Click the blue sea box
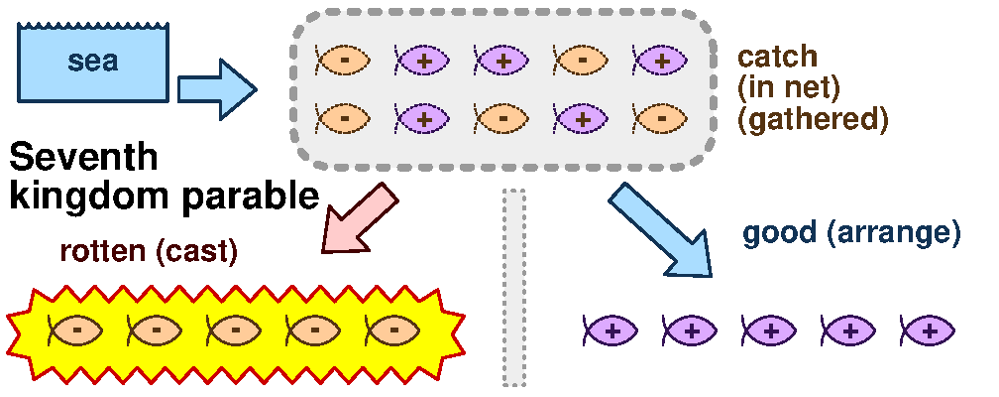(x=93, y=63)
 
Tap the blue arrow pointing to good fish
(x=660, y=229)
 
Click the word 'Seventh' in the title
(x=83, y=158)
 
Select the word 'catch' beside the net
(x=777, y=56)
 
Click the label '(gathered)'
(x=812, y=119)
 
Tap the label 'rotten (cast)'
(x=149, y=251)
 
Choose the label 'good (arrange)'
(x=851, y=234)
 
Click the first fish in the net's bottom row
(x=343, y=118)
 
